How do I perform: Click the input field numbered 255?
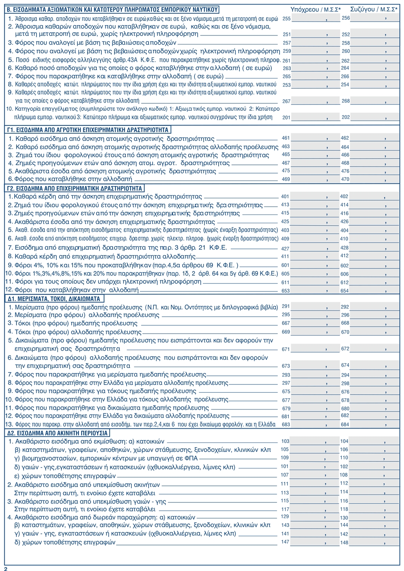pyautogui.click(x=316, y=18)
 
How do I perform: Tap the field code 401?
pyautogui.click(x=285, y=196)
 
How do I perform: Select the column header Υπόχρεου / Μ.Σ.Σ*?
pyautogui.click(x=316, y=9)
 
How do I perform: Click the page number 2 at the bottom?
pyautogui.click(x=6, y=568)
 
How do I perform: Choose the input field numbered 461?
pyautogui.click(x=316, y=138)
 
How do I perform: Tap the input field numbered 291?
pyautogui.click(x=316, y=307)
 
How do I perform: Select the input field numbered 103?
pyautogui.click(x=316, y=441)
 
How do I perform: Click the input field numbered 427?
pyautogui.click(x=316, y=248)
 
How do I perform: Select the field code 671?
pyautogui.click(x=286, y=349)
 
